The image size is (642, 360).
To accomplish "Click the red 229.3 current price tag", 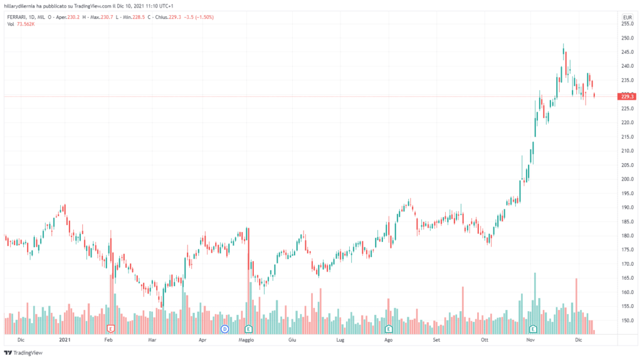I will point(626,97).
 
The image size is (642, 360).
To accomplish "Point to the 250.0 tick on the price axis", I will point(626,38).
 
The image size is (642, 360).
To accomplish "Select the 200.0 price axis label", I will point(626,179).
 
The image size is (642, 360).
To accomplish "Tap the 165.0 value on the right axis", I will point(626,278).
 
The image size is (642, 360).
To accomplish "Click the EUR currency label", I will point(626,16).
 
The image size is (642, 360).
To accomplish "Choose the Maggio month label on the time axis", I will point(246,340).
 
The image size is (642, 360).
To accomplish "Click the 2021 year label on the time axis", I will point(65,340).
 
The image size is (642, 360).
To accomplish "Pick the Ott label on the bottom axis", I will point(484,340).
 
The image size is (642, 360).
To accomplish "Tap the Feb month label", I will point(108,340).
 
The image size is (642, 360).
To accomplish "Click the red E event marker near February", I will point(111,329).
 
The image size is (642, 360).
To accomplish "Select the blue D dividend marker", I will point(224,329).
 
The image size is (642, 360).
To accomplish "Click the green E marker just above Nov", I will point(534,329).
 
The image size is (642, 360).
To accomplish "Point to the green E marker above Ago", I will point(388,329).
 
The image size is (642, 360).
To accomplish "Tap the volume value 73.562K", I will point(26,24).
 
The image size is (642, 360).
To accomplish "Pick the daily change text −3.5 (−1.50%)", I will point(198,17).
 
